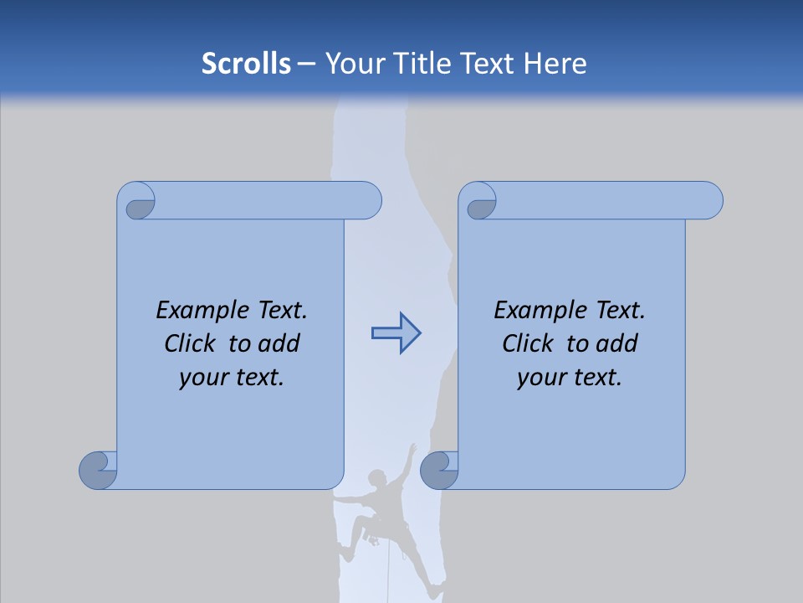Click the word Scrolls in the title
[246, 64]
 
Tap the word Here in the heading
[555, 64]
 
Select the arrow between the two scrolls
[396, 333]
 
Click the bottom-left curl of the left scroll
[98, 470]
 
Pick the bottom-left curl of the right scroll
[439, 470]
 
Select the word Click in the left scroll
[189, 343]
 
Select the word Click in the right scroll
[527, 343]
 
